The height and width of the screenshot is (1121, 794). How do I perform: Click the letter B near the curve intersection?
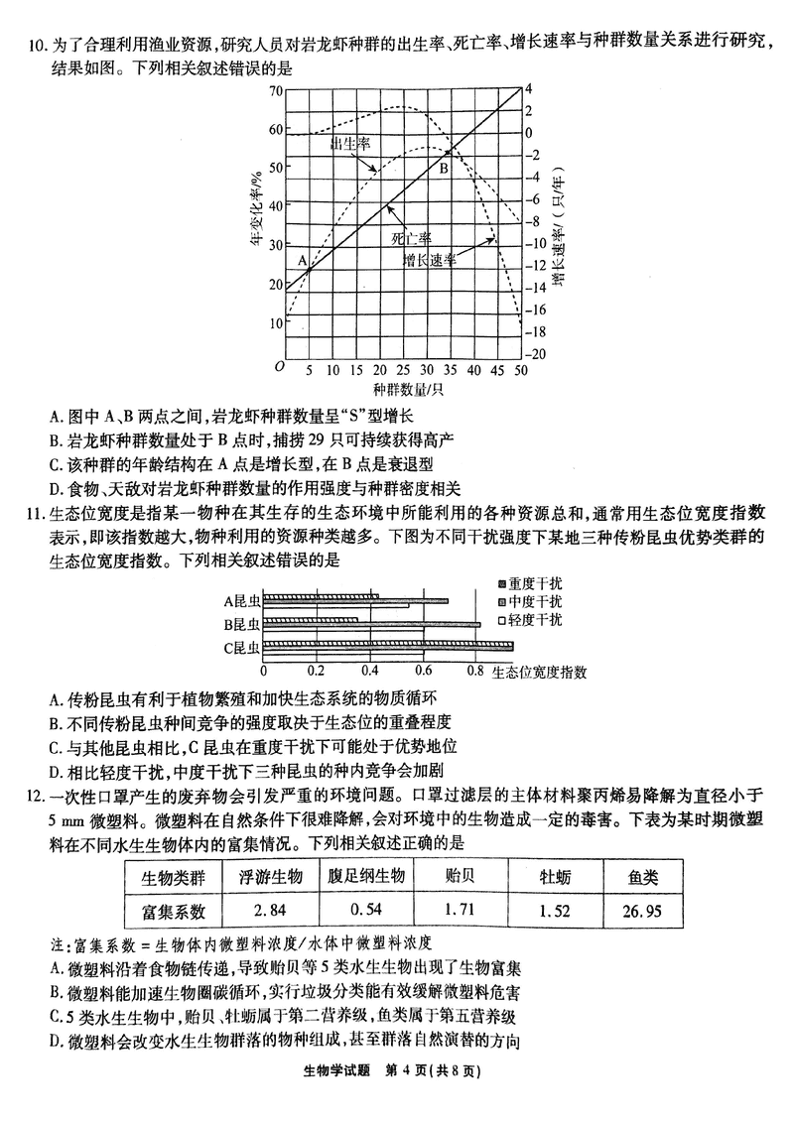pos(445,169)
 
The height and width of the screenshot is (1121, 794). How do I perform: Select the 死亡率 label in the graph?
pos(411,239)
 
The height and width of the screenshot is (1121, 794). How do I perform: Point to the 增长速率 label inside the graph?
pos(430,260)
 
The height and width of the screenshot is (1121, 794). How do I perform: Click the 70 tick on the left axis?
pos(275,91)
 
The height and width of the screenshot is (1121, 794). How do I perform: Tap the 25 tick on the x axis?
pos(402,370)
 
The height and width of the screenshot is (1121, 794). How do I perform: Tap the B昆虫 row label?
pos(240,624)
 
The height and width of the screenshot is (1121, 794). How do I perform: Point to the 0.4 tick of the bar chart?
pos(369,671)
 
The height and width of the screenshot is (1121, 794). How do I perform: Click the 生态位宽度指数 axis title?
pos(539,672)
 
